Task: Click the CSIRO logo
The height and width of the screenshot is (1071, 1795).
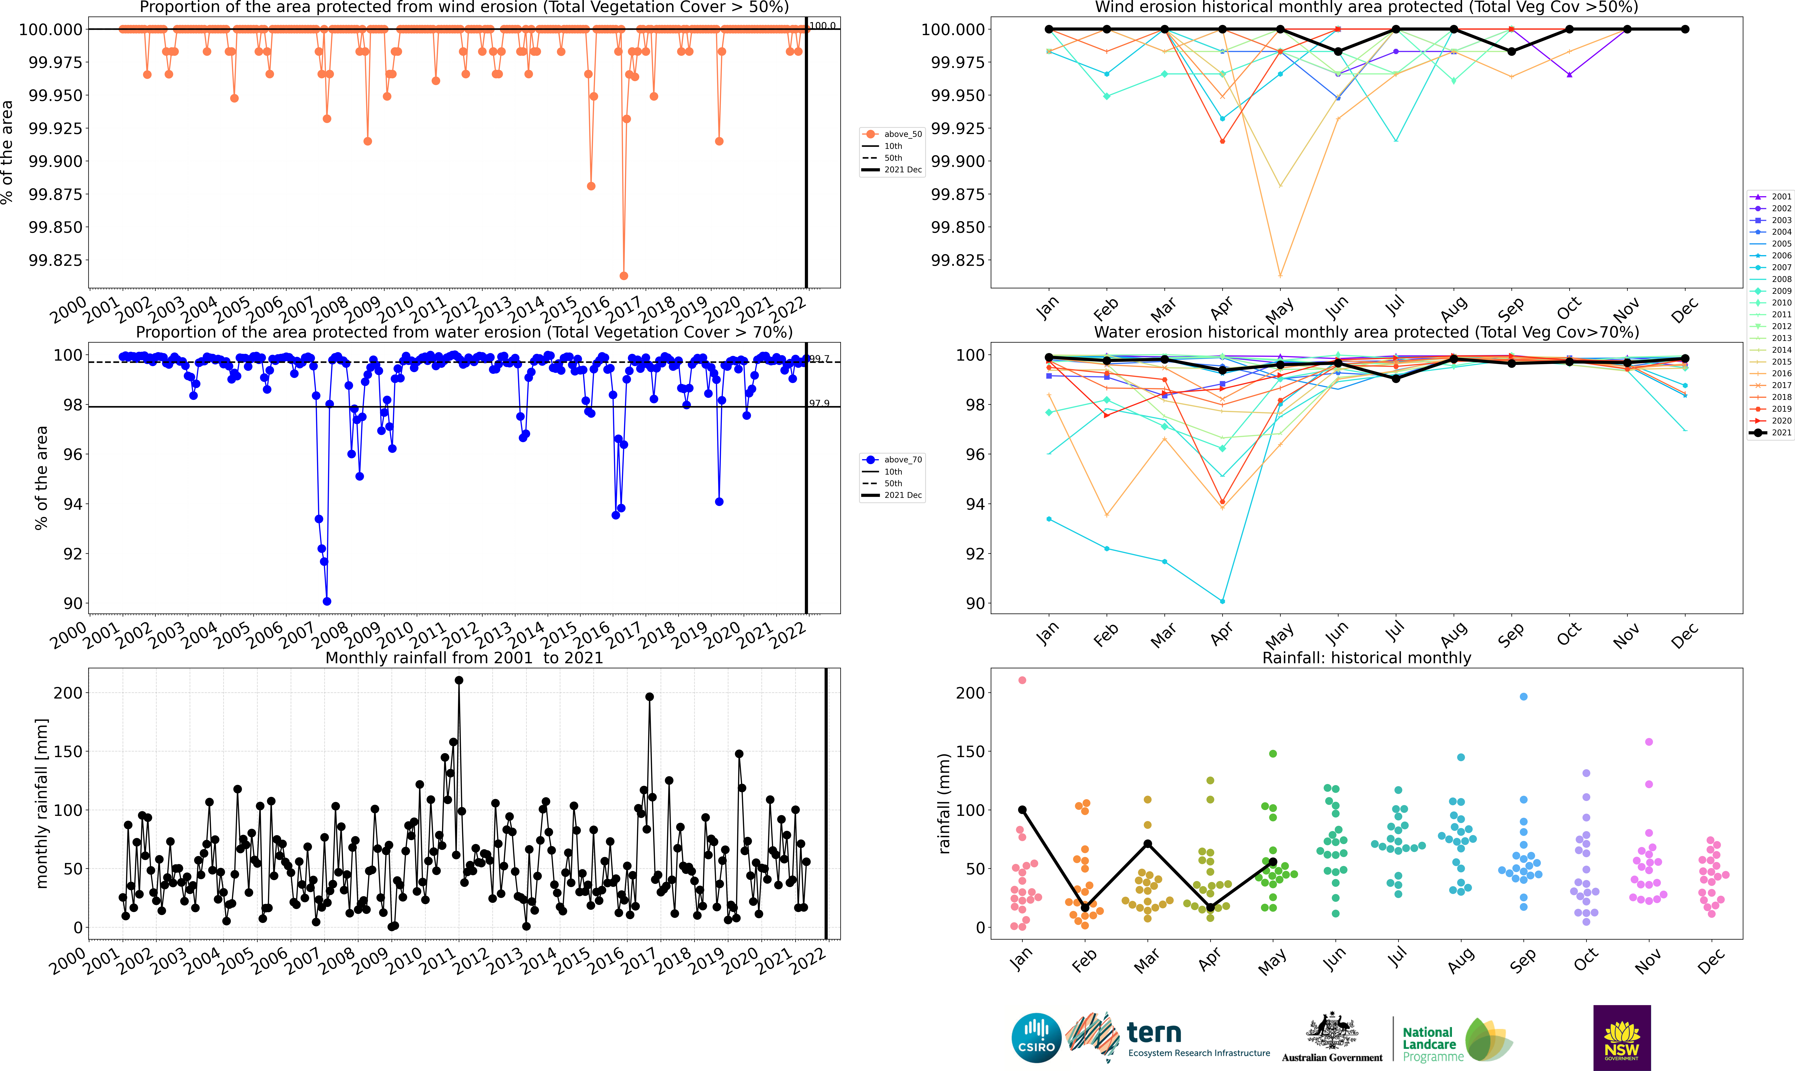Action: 1036,1038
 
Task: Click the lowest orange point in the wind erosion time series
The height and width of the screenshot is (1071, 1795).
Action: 624,276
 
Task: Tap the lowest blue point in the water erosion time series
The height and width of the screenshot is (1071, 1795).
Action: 327,601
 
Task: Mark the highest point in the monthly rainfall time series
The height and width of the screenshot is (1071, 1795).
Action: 459,681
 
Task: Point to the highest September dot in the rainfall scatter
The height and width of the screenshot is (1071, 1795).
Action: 1524,696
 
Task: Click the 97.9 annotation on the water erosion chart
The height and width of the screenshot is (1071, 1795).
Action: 819,403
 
